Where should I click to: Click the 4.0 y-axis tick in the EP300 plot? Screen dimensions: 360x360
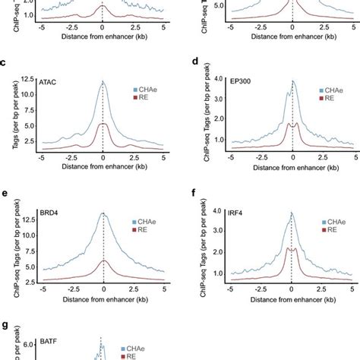click(x=215, y=80)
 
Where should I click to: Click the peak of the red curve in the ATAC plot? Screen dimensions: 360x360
click(x=103, y=125)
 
